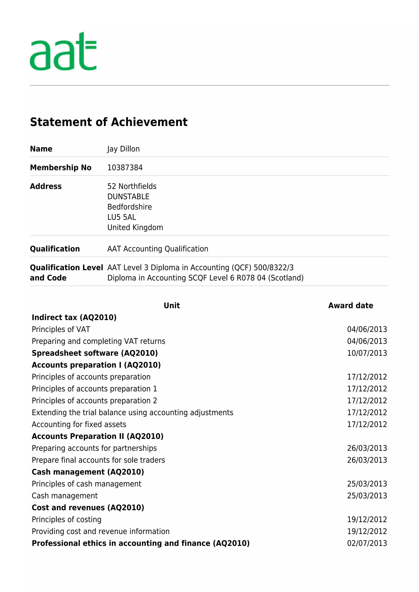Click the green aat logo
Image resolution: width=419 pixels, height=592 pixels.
pyautogui.click(x=63, y=52)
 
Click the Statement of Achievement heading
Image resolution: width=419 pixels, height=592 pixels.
pyautogui.click(x=109, y=122)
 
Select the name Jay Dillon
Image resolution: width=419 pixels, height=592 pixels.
pyautogui.click(x=123, y=149)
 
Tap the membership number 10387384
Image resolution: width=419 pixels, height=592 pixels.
pyautogui.click(x=125, y=168)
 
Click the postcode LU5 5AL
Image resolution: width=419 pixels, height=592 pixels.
pyautogui.click(x=122, y=217)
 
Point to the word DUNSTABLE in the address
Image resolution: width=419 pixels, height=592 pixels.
pyautogui.click(x=128, y=197)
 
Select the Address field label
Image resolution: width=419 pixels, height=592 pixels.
pyautogui.click(x=46, y=186)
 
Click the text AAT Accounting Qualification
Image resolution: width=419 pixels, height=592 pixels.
pyautogui.click(x=158, y=249)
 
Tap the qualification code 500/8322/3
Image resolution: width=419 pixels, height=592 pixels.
pyautogui.click(x=274, y=268)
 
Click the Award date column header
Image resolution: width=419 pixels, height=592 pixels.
pyautogui.click(x=350, y=306)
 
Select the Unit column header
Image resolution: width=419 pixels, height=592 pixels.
pyautogui.click(x=172, y=306)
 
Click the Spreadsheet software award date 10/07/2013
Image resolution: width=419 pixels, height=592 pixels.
pyautogui.click(x=367, y=353)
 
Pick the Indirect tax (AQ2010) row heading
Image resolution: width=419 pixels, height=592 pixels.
pyautogui.click(x=74, y=318)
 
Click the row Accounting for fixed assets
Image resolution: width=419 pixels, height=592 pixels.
pyautogui.click(x=79, y=424)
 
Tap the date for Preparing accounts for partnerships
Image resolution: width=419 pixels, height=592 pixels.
pyautogui.click(x=367, y=448)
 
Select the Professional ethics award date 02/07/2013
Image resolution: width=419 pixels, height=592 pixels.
pyautogui.click(x=367, y=543)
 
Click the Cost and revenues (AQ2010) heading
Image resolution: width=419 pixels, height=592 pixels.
pyautogui.click(x=88, y=508)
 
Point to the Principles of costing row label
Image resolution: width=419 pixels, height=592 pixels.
pyautogui.click(x=66, y=520)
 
